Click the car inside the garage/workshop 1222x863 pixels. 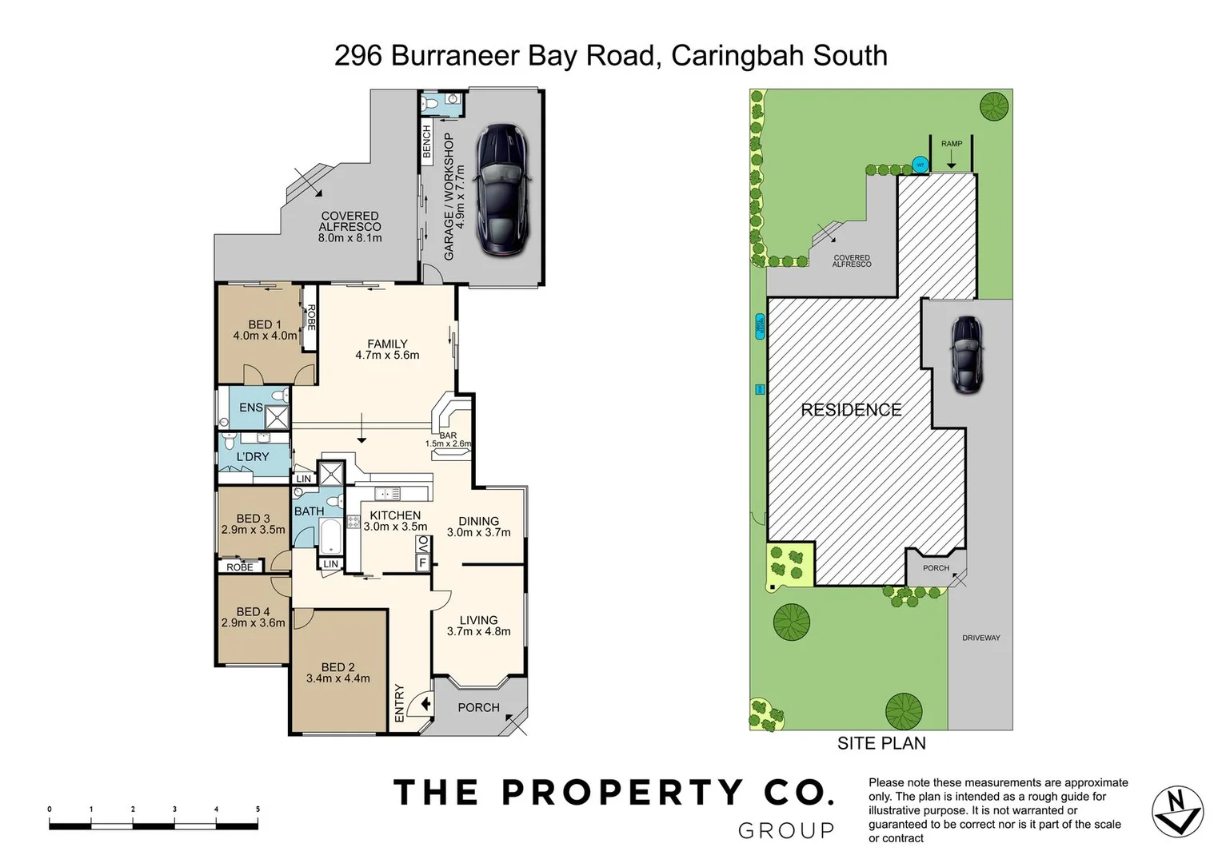point(501,190)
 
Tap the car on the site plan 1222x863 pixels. point(966,354)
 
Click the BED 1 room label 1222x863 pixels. point(265,324)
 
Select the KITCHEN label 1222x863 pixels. point(395,516)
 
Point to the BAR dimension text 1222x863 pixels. point(448,443)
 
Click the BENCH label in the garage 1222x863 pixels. point(426,141)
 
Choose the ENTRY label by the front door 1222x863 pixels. point(400,703)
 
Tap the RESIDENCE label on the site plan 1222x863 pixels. point(851,410)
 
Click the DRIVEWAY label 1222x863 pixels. point(981,638)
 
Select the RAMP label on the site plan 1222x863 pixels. point(952,144)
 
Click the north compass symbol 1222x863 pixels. point(1177,812)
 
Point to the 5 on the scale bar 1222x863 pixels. point(258,809)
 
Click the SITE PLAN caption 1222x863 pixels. point(881,743)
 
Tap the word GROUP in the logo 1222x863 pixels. point(785,831)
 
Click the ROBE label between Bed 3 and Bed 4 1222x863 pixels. point(240,567)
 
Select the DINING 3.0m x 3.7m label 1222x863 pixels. point(478,527)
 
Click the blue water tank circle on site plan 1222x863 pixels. point(920,165)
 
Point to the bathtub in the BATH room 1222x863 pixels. point(330,535)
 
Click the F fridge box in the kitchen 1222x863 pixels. point(421,563)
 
